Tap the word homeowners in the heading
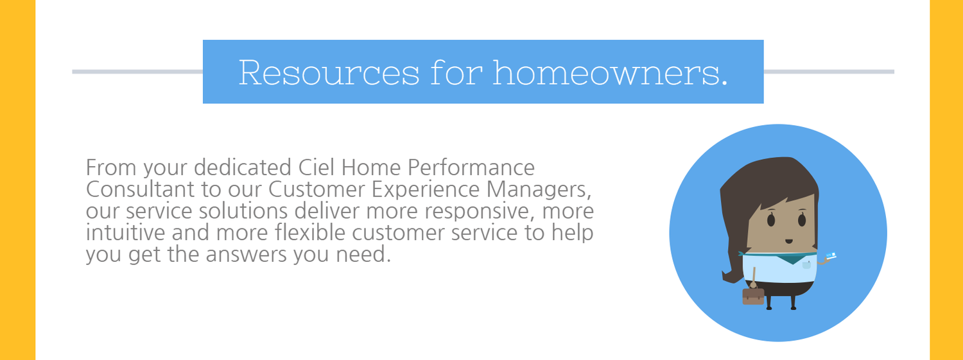tap(610, 73)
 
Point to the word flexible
tap(302, 232)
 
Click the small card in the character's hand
tap(831, 255)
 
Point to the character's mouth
tap(787, 242)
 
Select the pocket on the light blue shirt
tap(806, 264)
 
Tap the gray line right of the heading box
tap(828, 71)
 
